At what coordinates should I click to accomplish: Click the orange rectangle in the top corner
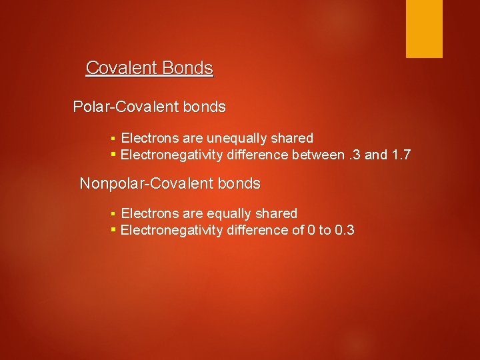click(424, 28)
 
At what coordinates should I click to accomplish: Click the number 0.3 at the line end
click(344, 230)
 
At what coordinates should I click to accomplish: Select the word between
click(319, 155)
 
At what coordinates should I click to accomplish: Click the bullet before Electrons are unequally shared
click(113, 139)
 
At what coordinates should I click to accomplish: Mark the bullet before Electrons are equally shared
click(113, 214)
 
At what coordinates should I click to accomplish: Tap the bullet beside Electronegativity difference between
click(113, 155)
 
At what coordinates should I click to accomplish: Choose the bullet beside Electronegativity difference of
click(113, 230)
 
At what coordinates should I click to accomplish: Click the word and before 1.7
click(376, 155)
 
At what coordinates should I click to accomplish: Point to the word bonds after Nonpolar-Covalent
click(242, 183)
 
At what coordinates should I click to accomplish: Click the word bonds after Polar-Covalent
click(207, 107)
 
